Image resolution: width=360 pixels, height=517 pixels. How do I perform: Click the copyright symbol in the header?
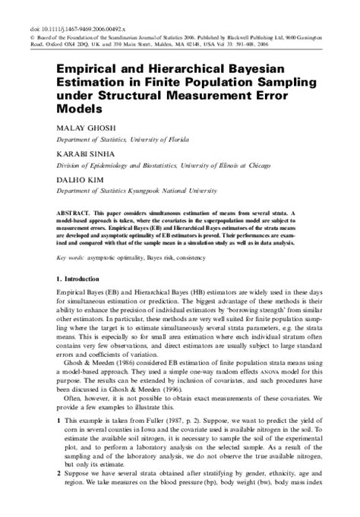[60, 16]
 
